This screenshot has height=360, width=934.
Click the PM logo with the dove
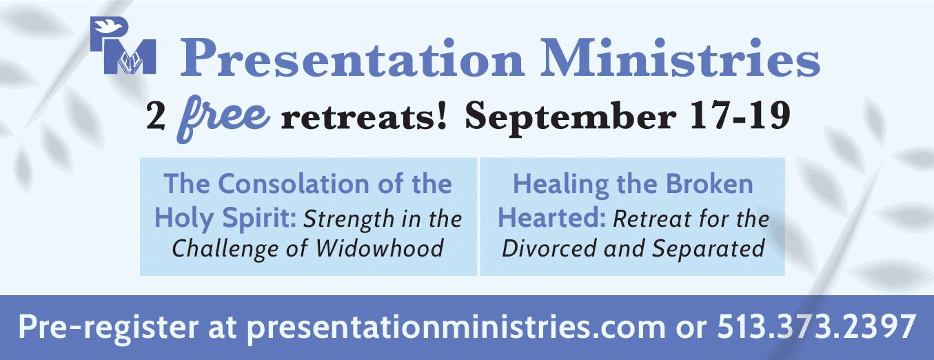click(123, 46)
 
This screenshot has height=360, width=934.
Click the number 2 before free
click(156, 117)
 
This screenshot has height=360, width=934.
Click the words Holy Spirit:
click(225, 219)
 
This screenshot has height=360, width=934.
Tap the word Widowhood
click(379, 249)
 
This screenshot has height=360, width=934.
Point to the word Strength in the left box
click(349, 220)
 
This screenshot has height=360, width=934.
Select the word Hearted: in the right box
click(551, 218)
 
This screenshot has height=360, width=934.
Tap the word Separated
click(709, 250)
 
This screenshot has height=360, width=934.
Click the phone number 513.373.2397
click(816, 327)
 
